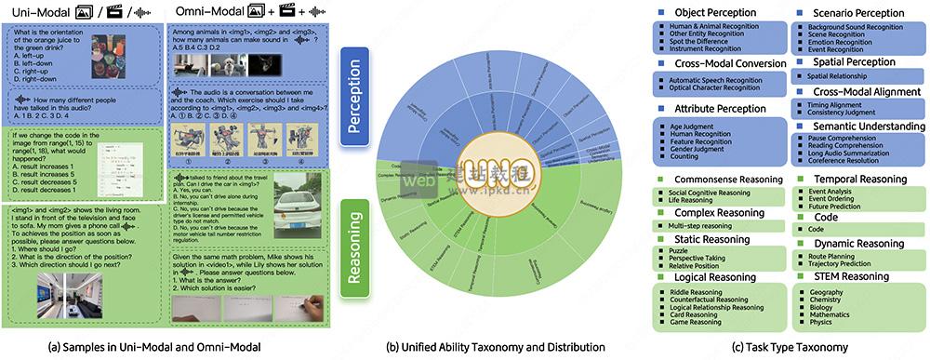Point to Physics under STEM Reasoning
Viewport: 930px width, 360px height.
tap(820, 322)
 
